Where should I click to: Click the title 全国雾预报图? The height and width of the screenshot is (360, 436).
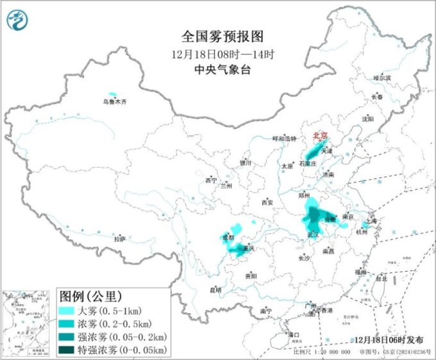point(218,37)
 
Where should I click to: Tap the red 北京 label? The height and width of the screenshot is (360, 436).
point(320,136)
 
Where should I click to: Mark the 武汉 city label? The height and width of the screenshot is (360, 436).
point(313,234)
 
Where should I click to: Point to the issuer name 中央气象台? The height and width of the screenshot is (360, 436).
point(218,70)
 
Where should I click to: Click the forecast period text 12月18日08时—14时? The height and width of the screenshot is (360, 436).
point(218,54)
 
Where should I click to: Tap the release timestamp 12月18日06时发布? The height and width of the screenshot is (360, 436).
point(389,340)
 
